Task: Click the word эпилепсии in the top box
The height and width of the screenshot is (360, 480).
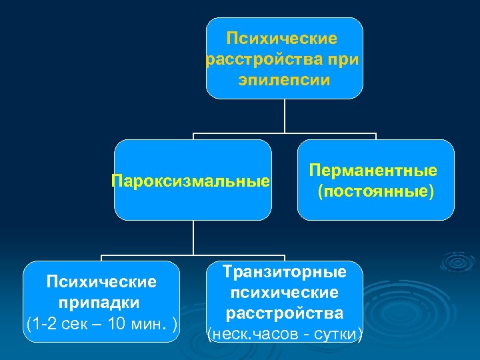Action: point(283,80)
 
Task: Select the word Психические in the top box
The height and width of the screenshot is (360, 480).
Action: point(283,39)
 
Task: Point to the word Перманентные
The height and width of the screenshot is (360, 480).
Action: point(373,170)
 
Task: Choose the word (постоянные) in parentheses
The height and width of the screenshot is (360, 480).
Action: point(375,192)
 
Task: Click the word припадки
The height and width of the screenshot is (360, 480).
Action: point(101,302)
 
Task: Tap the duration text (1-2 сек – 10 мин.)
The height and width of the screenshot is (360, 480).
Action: point(101,324)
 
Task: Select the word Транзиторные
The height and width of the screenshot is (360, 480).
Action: point(285,272)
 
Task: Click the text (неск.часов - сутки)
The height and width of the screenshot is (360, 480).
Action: point(285,333)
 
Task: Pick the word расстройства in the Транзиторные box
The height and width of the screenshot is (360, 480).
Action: point(285,313)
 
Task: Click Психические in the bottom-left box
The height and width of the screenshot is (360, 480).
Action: point(101,281)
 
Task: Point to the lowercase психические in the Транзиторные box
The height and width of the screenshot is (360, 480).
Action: point(285,293)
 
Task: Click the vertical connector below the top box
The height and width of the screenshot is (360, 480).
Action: point(285,116)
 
